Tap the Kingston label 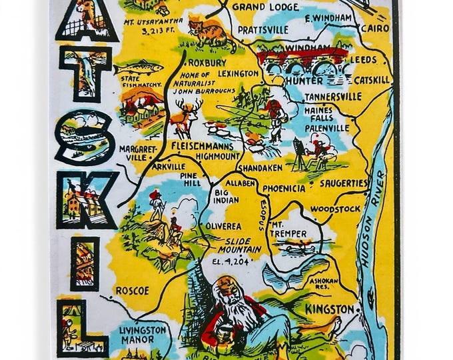330,309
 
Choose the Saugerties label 343,182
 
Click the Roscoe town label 133,291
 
